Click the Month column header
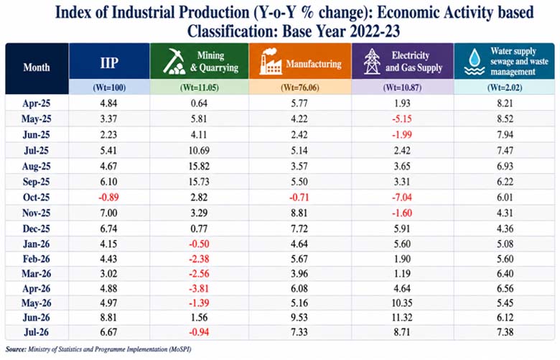tap(37, 68)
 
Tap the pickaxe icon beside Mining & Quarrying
tap(174, 61)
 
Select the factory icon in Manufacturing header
tap(271, 62)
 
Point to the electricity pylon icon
tap(372, 61)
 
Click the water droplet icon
tap(475, 62)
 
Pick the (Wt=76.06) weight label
tap(300, 88)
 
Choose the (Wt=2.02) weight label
tap(505, 88)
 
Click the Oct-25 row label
tap(37, 198)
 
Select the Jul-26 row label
tap(37, 332)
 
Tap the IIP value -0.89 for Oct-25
tap(108, 198)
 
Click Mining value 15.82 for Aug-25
tap(199, 166)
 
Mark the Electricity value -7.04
tap(402, 198)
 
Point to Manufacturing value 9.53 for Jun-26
tap(299, 318)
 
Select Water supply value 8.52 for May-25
tap(505, 119)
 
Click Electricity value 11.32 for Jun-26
tap(402, 318)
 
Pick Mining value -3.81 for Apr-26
tap(199, 288)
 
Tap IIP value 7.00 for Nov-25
tap(108, 213)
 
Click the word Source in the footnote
tap(16, 349)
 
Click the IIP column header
tap(109, 63)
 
